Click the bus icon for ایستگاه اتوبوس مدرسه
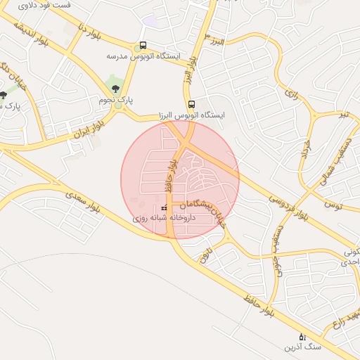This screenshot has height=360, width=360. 143,45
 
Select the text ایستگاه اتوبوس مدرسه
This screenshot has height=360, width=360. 143,56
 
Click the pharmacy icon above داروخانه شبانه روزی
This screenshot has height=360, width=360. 165,209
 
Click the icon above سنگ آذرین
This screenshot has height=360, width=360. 302,337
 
